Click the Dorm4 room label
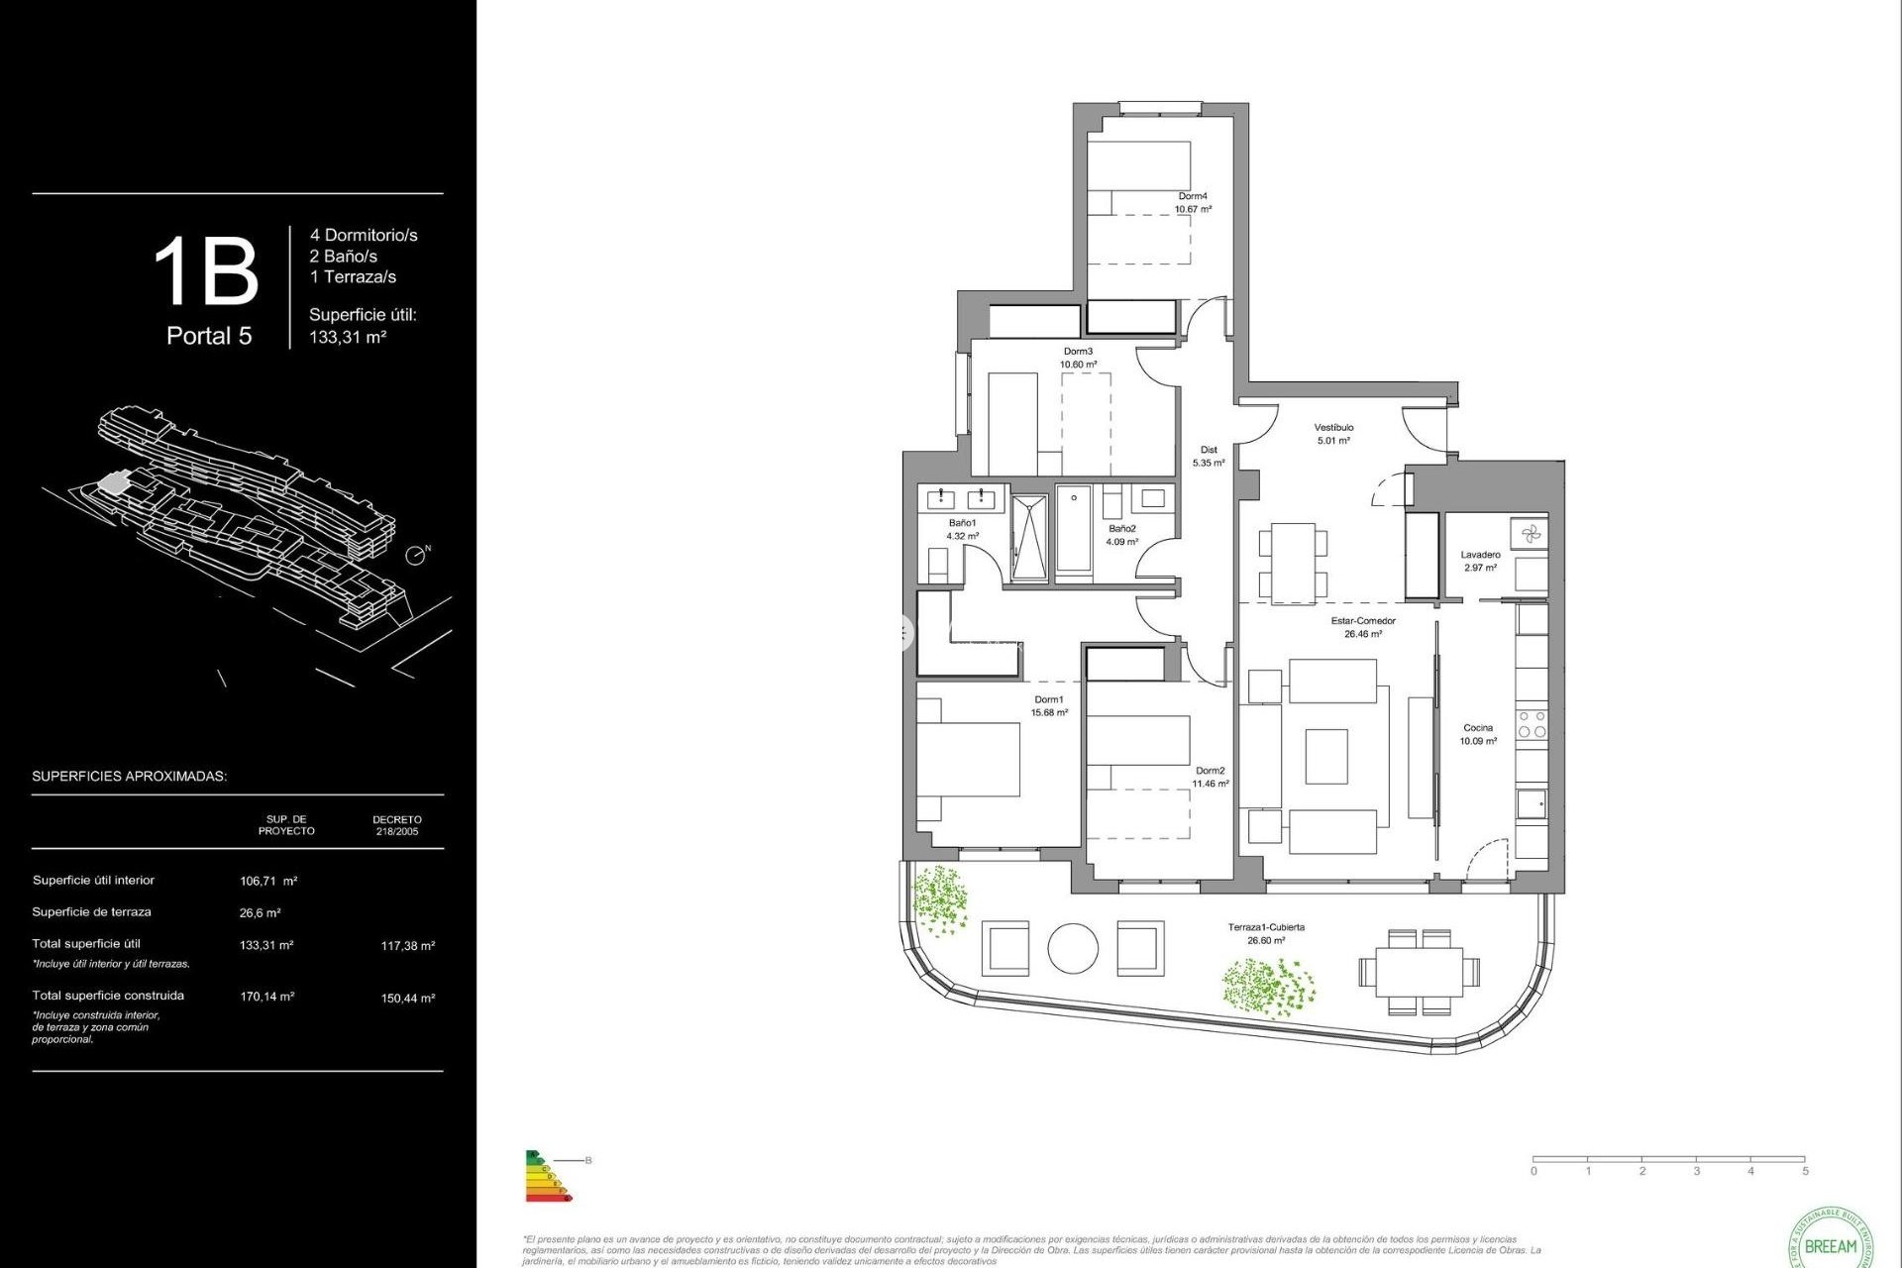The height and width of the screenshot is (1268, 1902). [x=1193, y=196]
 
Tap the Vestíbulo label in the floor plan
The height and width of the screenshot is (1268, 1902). [x=1333, y=428]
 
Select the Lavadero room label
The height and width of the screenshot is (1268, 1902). [x=1480, y=555]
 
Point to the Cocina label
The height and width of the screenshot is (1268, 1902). [x=1478, y=728]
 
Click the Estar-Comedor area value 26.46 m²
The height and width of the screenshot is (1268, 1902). [x=1363, y=634]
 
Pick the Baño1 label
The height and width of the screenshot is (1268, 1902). [x=962, y=523]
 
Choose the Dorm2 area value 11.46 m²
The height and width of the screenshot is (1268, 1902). [x=1211, y=784]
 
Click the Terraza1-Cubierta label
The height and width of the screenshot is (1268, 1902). [x=1266, y=927]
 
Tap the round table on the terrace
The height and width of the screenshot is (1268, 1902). [x=1073, y=949]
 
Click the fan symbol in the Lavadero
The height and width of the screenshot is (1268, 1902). [x=1531, y=534]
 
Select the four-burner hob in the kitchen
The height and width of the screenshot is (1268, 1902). [x=1532, y=724]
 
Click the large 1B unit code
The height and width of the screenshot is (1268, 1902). [x=206, y=271]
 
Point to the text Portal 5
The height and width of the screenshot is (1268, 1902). [x=209, y=336]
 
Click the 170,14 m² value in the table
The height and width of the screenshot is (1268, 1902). [x=266, y=997]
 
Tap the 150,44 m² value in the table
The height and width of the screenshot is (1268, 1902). [x=407, y=999]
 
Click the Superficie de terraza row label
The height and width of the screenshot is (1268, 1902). [x=91, y=912]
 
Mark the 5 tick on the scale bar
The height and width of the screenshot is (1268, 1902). [x=1805, y=1171]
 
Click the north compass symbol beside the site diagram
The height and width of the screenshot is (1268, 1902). [x=417, y=555]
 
